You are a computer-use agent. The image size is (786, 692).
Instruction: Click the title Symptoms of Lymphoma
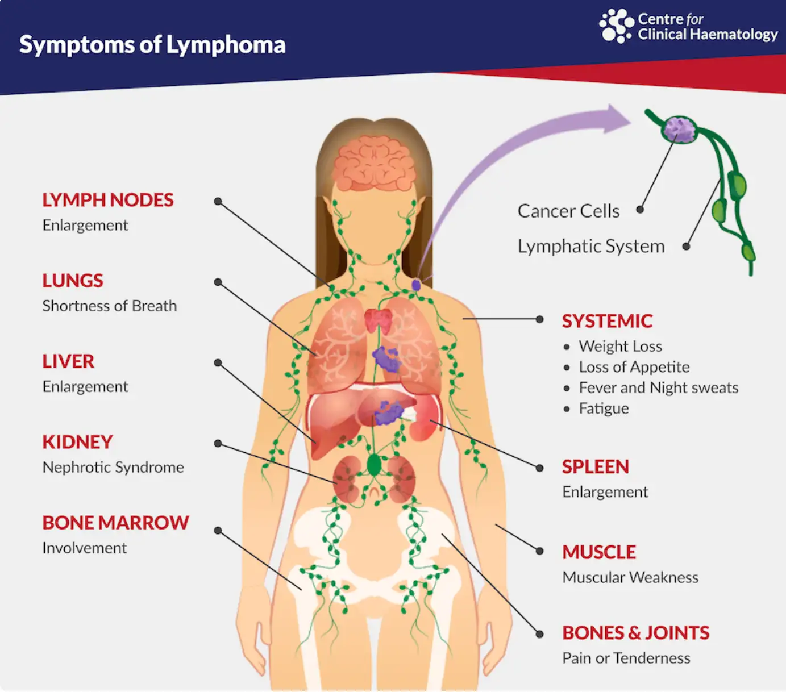pyautogui.click(x=152, y=45)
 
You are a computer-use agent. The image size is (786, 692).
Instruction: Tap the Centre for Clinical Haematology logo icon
pyautogui.click(x=616, y=26)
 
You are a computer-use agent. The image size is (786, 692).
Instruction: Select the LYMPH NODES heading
pyautogui.click(x=108, y=200)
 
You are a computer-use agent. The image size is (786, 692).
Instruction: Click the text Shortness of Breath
pyautogui.click(x=110, y=306)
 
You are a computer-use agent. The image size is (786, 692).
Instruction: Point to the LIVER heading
pyautogui.click(x=68, y=361)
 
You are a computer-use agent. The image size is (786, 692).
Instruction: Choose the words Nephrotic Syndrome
pyautogui.click(x=113, y=468)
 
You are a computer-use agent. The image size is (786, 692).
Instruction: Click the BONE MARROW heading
pyautogui.click(x=115, y=523)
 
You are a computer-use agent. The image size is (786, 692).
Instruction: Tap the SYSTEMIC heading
pyautogui.click(x=607, y=321)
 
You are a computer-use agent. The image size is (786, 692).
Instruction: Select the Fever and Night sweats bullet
pyautogui.click(x=658, y=387)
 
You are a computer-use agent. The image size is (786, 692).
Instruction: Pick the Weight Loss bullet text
pyautogui.click(x=621, y=346)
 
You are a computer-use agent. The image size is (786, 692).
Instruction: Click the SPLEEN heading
pyautogui.click(x=596, y=466)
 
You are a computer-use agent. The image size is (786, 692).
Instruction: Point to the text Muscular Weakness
pyautogui.click(x=630, y=577)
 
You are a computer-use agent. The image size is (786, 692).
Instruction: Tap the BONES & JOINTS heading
pyautogui.click(x=636, y=633)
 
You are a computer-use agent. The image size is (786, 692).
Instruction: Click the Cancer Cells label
pyautogui.click(x=568, y=211)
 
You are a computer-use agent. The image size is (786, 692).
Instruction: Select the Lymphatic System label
pyautogui.click(x=591, y=247)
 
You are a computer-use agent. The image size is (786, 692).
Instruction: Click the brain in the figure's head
pyautogui.click(x=373, y=163)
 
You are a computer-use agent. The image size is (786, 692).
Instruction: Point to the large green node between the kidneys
pyautogui.click(x=373, y=465)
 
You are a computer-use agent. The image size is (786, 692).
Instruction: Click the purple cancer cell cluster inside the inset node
pyautogui.click(x=678, y=129)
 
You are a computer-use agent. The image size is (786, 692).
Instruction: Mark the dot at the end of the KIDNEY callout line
pyautogui.click(x=218, y=443)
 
